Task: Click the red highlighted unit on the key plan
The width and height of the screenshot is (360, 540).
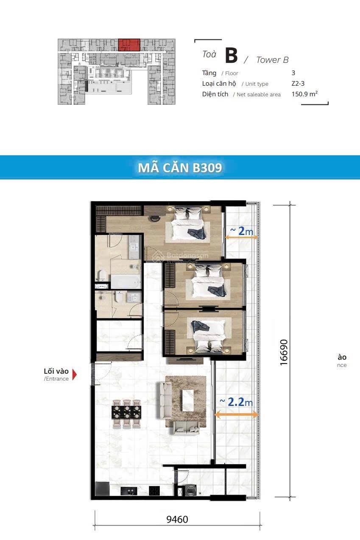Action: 129,45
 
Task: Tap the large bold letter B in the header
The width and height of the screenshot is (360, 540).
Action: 231,56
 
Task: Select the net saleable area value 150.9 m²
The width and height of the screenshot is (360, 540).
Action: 304,94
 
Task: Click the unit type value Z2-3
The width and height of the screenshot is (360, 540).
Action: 298,84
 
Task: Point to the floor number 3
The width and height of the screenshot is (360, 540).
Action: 293,73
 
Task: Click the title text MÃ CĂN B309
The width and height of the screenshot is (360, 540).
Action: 180,168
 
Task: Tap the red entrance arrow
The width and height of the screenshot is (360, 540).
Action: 74,375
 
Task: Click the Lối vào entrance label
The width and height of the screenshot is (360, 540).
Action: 56,372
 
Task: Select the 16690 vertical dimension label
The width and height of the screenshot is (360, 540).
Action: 284,352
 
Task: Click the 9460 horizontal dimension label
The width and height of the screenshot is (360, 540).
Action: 177,519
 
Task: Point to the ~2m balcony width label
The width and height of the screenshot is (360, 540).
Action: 242,231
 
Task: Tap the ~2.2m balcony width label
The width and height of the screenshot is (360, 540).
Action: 236,402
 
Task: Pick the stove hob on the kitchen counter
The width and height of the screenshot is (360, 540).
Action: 154,491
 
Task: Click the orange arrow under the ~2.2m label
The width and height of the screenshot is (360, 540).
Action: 236,414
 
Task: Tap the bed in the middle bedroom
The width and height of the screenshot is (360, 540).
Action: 209,282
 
